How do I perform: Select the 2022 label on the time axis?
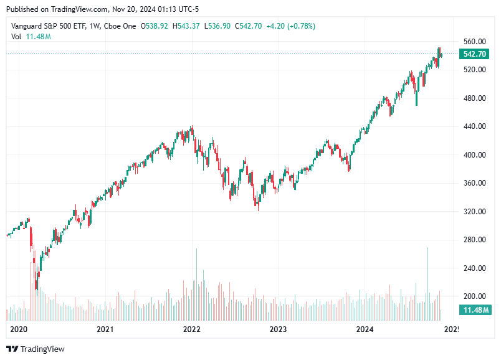pyautogui.click(x=191, y=329)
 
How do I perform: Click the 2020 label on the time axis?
pyautogui.click(x=19, y=329)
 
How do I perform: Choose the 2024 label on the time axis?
pyautogui.click(x=364, y=329)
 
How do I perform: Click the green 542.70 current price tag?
pyautogui.click(x=475, y=54)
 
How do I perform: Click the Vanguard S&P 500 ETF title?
pyautogui.click(x=51, y=26)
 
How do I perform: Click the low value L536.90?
pyautogui.click(x=217, y=26)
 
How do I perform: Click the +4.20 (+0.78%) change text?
pyautogui.click(x=290, y=26)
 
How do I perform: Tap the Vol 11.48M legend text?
pyautogui.click(x=31, y=37)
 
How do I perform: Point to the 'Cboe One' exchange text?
pyautogui.click(x=122, y=26)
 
